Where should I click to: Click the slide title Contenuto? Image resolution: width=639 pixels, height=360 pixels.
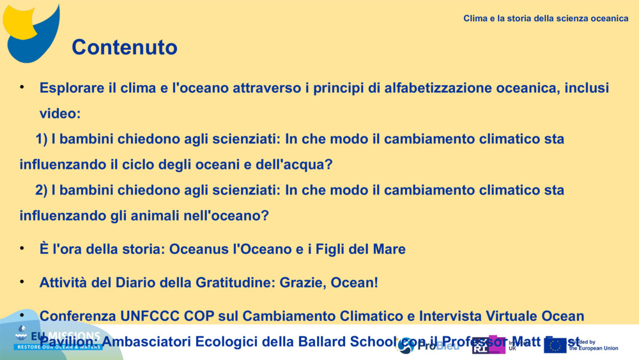(124, 47)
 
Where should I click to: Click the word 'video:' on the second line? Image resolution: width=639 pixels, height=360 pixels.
(60, 113)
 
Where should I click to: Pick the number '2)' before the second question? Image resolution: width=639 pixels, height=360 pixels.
(42, 190)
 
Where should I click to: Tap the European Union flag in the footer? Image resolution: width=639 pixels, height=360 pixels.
(555, 345)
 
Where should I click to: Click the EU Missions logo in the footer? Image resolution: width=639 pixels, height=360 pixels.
(58, 340)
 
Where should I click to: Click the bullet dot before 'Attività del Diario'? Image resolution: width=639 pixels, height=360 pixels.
(22, 281)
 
